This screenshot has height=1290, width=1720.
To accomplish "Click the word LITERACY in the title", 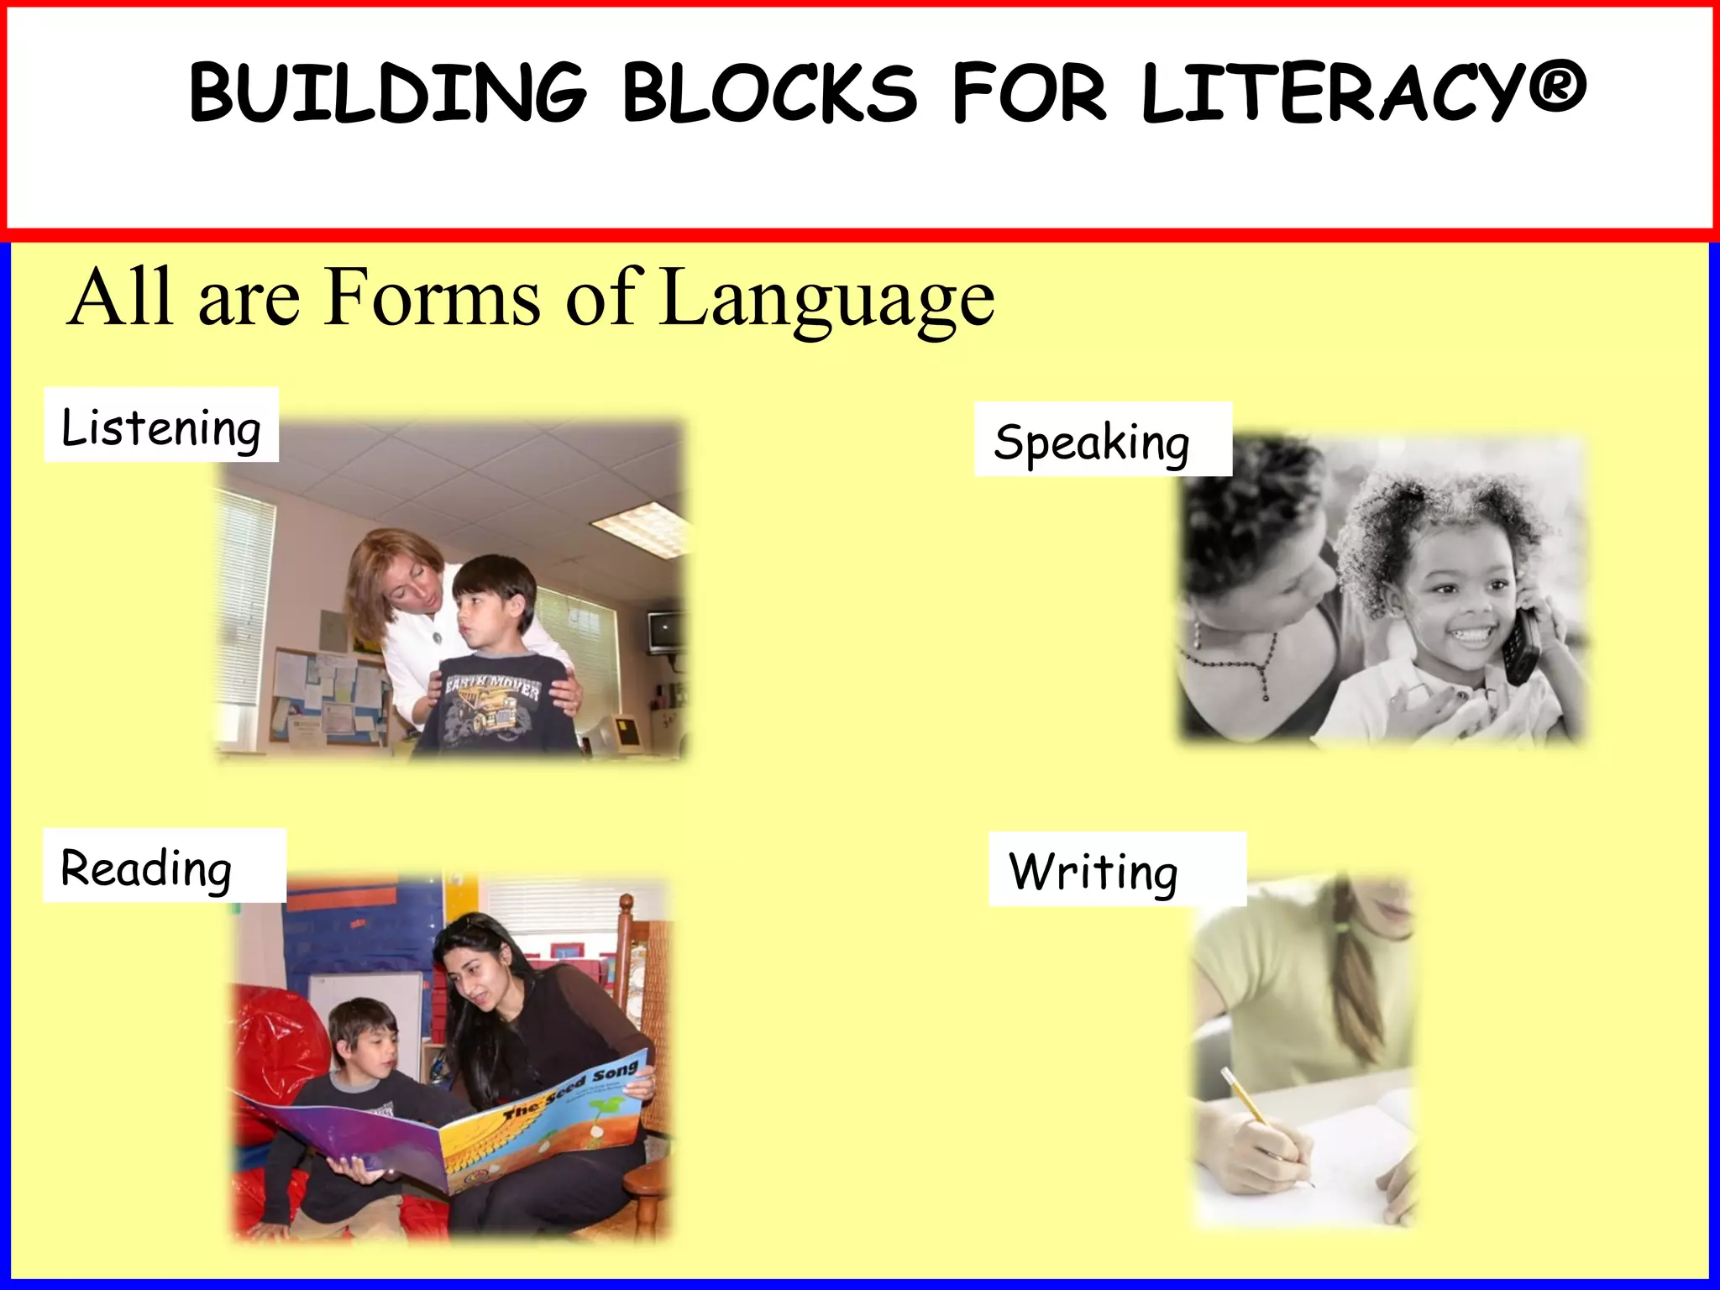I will pyautogui.click(x=1331, y=92).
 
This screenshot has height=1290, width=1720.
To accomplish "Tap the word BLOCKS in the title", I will pyautogui.click(x=769, y=92).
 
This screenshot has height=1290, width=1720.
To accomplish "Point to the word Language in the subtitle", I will pyautogui.click(x=827, y=298).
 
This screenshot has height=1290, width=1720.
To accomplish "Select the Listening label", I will pyautogui.click(x=161, y=427).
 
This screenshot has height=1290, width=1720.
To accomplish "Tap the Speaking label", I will pyautogui.click(x=1092, y=442).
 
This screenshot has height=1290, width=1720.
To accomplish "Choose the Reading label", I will pyautogui.click(x=147, y=868).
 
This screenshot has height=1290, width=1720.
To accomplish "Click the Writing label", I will pyautogui.click(x=1093, y=871).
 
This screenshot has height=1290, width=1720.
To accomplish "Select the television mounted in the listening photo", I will pyautogui.click(x=666, y=630).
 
